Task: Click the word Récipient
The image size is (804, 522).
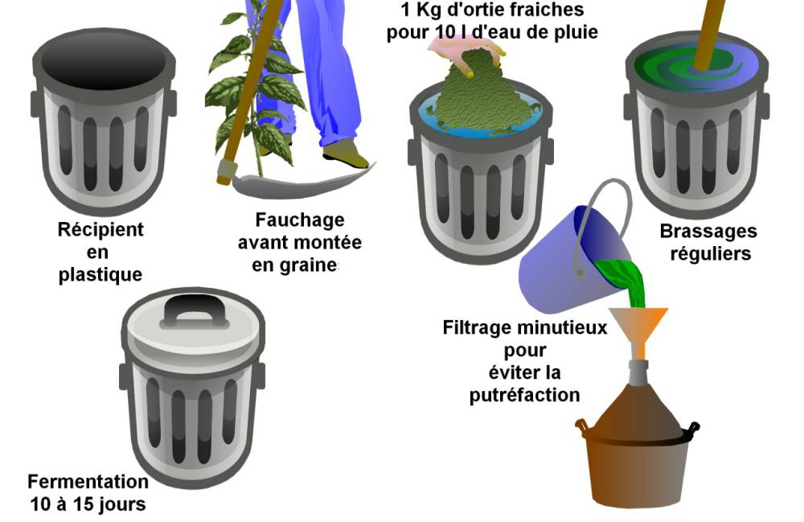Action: [x=100, y=230]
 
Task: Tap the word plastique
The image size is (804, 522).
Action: [x=100, y=275]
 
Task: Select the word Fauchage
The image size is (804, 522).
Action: [x=300, y=220]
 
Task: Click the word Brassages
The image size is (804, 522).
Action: [x=708, y=232]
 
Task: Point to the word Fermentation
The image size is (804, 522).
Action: [x=88, y=482]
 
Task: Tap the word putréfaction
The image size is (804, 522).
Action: [x=524, y=396]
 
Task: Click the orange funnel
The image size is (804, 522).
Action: [x=638, y=328]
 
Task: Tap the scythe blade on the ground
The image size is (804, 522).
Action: [x=302, y=183]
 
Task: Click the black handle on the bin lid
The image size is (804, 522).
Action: [x=195, y=311]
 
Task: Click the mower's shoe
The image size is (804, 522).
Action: [x=345, y=154]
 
